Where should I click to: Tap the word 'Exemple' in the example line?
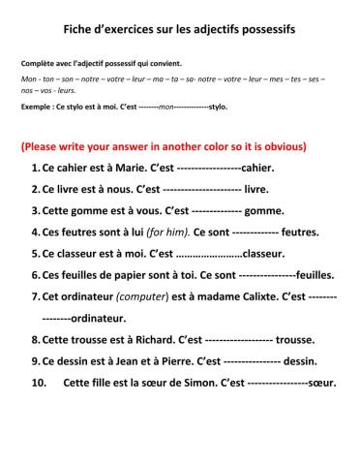click(37, 107)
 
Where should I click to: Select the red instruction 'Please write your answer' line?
click(164, 147)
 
